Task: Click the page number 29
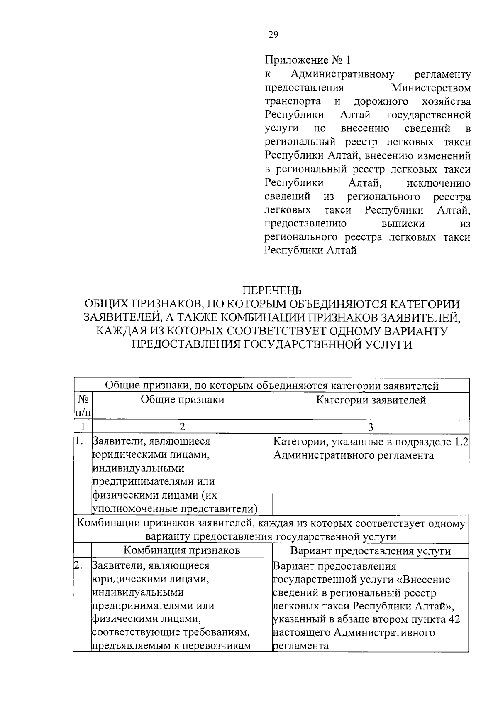[273, 35]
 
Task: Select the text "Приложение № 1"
[308, 60]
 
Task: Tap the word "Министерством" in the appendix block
[431, 88]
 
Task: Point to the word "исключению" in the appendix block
[439, 183]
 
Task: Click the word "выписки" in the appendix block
[403, 224]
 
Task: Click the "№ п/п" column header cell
[83, 406]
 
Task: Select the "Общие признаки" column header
[182, 400]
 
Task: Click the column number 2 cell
[182, 427]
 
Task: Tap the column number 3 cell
[371, 427]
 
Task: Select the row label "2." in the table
[78, 566]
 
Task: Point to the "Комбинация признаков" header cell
[182, 551]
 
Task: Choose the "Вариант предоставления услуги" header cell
[371, 551]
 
